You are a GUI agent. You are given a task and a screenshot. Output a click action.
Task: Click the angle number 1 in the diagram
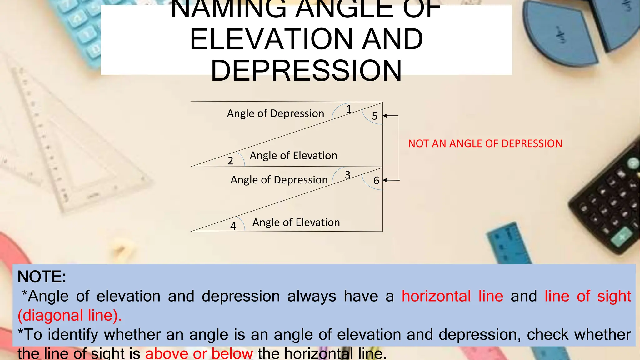(x=349, y=109)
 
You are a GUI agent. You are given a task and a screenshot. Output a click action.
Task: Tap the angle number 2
(x=230, y=161)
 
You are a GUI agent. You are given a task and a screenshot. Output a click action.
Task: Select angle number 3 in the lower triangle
(x=347, y=175)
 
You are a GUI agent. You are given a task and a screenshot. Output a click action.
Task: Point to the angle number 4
(x=233, y=226)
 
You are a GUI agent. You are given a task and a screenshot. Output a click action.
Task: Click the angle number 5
(x=375, y=116)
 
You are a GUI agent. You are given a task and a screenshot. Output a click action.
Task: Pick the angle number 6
(x=376, y=181)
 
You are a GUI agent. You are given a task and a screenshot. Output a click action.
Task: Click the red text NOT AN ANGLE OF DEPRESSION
(x=485, y=144)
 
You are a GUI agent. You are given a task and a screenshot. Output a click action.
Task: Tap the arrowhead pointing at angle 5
(x=385, y=116)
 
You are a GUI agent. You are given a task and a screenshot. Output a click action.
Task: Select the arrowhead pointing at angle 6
(x=385, y=180)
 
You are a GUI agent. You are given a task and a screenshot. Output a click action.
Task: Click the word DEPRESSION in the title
(x=306, y=71)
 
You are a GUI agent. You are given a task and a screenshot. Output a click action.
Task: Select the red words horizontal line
(x=452, y=296)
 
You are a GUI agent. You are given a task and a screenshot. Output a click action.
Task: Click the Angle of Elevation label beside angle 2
(x=293, y=156)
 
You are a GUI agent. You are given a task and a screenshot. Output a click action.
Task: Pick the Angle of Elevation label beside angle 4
(x=296, y=222)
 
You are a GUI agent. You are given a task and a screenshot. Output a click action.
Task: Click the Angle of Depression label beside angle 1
(x=275, y=113)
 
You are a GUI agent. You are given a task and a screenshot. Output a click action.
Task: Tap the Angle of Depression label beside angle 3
(x=279, y=180)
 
